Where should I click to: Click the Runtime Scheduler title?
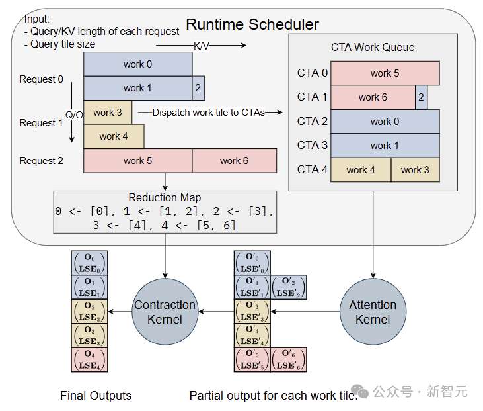coord(252,25)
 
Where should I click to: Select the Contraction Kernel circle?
coord(165,312)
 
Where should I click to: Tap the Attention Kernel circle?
coord(373,312)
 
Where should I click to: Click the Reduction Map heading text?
coord(165,198)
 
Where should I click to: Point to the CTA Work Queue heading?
coord(373,48)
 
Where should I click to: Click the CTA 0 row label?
coord(313,73)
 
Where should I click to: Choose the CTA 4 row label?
coord(313,169)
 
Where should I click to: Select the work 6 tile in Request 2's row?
coord(234,161)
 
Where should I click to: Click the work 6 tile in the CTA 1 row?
coord(373,97)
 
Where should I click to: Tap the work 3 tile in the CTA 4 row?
coord(415,170)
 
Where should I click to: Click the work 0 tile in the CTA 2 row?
coord(385,122)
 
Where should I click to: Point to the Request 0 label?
coord(42,79)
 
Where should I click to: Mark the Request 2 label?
coord(42,161)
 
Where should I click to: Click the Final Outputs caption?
coord(96,396)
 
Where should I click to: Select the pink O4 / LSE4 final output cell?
coord(89,359)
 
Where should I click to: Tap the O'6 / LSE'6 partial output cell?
coord(289,359)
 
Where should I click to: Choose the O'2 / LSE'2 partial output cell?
coord(289,287)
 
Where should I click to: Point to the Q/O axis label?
coord(74,115)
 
